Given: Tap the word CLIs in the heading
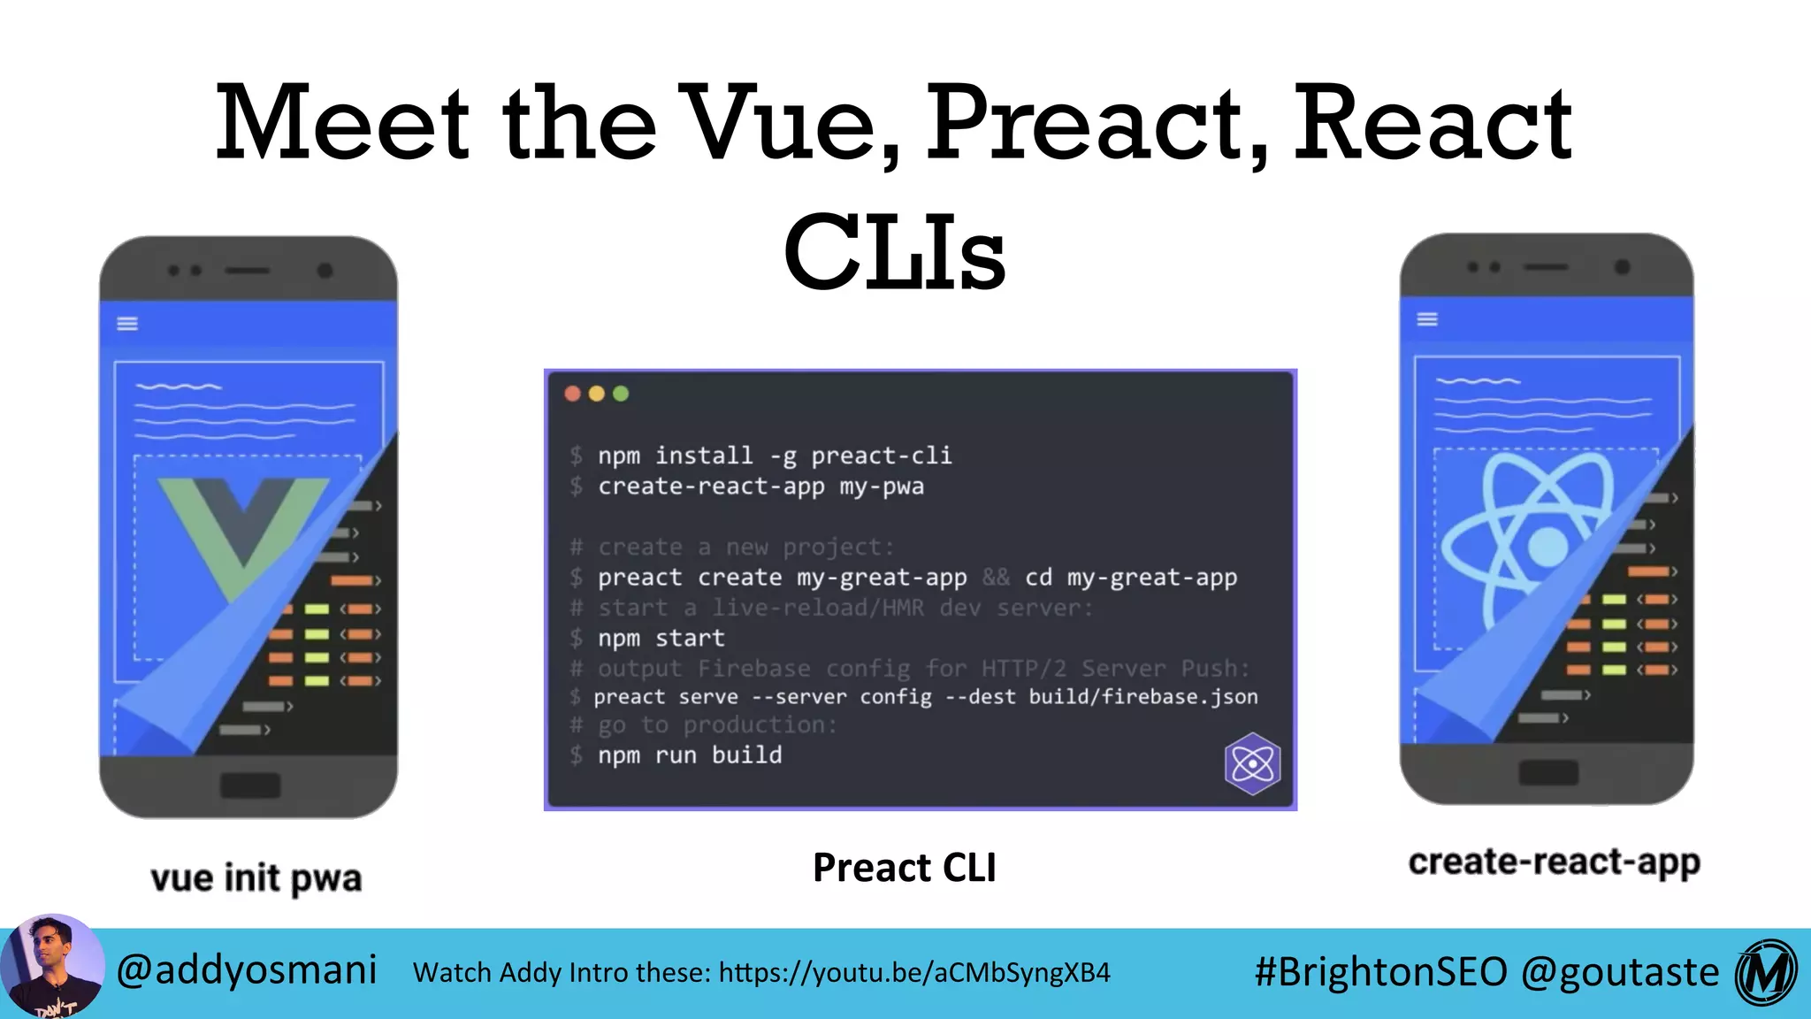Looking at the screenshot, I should click(x=894, y=254).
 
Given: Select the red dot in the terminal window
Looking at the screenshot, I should click(x=572, y=394).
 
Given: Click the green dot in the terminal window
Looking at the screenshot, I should click(x=621, y=394).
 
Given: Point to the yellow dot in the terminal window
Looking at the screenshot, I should click(x=597, y=394).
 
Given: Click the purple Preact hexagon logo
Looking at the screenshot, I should click(x=1252, y=762).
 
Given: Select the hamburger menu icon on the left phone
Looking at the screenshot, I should click(x=127, y=324).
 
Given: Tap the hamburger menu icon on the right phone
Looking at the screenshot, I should click(x=1427, y=319).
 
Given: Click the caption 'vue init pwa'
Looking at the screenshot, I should click(x=256, y=878).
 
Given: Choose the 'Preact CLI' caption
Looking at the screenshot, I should click(x=904, y=868).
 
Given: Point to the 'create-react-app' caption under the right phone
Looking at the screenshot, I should click(x=1554, y=862).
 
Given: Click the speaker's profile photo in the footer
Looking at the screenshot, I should click(x=51, y=967).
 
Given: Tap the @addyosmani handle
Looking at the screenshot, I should click(x=247, y=970).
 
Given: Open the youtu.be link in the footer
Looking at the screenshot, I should click(x=914, y=973).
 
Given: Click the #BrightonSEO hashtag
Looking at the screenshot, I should click(x=1380, y=972).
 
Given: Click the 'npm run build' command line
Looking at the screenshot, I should click(x=690, y=755).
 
